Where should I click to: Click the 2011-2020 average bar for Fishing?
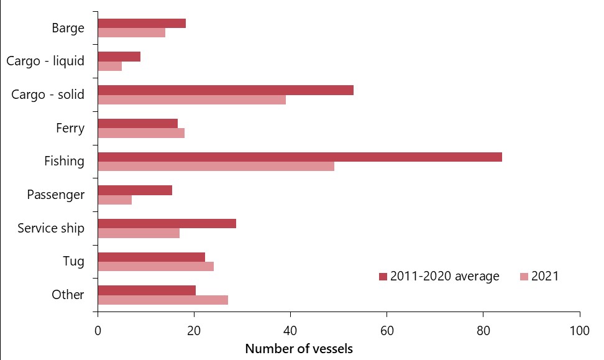tap(300, 157)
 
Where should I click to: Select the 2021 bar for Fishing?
tap(216, 166)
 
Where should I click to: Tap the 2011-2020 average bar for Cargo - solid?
tap(226, 90)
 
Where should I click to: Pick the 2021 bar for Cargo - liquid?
tap(110, 66)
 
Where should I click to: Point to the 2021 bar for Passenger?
tap(115, 200)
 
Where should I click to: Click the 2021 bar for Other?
tap(163, 300)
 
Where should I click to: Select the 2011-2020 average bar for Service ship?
tap(167, 223)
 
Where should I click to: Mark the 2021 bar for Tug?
tap(156, 266)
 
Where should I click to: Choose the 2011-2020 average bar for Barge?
tap(142, 24)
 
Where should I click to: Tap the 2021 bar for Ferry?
tap(141, 133)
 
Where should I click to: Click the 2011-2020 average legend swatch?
tap(383, 277)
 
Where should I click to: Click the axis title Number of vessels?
tap(299, 349)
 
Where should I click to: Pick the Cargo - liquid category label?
tap(45, 61)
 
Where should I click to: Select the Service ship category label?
tap(51, 228)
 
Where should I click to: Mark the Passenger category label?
tap(56, 195)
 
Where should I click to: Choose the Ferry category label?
tap(70, 128)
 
